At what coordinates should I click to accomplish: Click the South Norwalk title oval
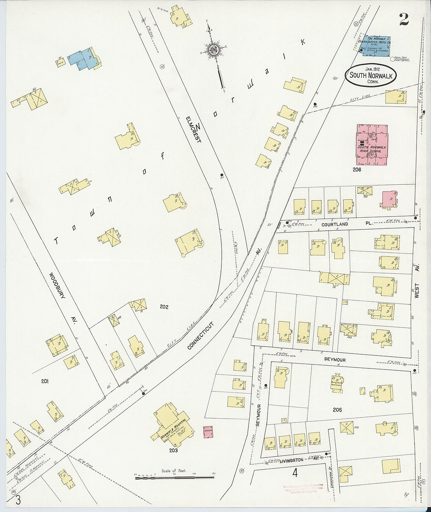371,75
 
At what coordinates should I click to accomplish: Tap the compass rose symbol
214,50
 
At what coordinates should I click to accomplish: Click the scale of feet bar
174,477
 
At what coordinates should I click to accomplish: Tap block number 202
164,306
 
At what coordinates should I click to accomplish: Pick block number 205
337,410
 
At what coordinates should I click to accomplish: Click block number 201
45,381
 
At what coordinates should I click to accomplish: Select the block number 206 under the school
357,169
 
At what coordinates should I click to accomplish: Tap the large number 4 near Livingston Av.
295,473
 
